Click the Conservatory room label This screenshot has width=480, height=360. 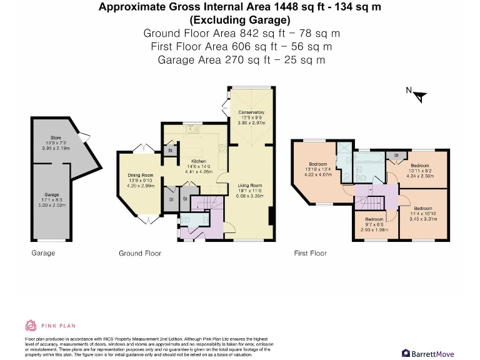click(x=251, y=112)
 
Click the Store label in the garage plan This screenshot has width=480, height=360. click(x=56, y=137)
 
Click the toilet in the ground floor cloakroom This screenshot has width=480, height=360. click(x=187, y=220)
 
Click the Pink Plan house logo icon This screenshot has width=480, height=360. click(x=31, y=325)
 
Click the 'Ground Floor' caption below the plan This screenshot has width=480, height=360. click(x=140, y=253)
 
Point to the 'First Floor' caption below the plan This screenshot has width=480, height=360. click(x=310, y=253)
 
